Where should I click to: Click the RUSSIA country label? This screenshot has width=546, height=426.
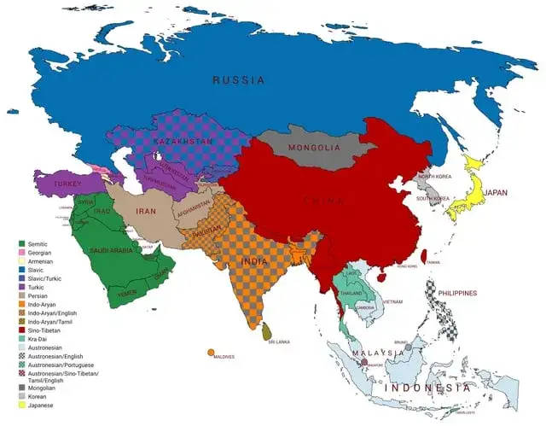pyautogui.click(x=238, y=79)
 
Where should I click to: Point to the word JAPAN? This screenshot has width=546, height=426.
pyautogui.click(x=495, y=193)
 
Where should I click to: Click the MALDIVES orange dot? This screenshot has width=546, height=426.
pyautogui.click(x=209, y=351)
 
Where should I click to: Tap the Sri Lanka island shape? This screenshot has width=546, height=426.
pyautogui.click(x=268, y=330)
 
